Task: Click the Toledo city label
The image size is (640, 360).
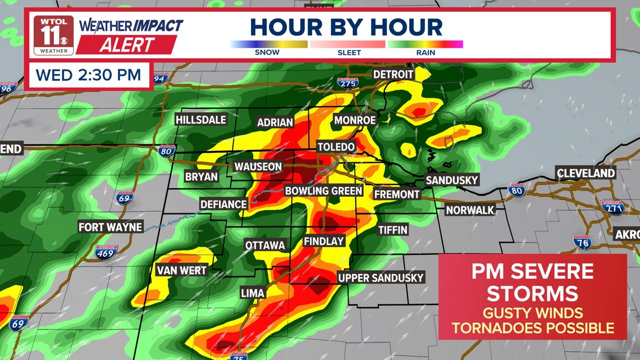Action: click(x=336, y=147)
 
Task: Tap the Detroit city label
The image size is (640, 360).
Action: click(x=393, y=75)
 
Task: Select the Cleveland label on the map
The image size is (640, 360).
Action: click(x=586, y=173)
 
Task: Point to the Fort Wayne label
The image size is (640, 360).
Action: click(x=111, y=227)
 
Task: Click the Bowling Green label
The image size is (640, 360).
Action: click(x=324, y=191)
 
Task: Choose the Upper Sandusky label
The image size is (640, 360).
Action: click(x=381, y=278)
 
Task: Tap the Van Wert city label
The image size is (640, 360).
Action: click(x=181, y=271)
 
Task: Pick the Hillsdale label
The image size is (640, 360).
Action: click(x=201, y=120)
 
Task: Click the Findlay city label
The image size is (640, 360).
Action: click(x=323, y=241)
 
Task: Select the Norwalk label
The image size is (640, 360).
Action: click(x=470, y=211)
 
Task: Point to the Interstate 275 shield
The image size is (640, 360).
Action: click(x=348, y=83)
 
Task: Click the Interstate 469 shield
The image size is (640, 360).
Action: click(x=106, y=252)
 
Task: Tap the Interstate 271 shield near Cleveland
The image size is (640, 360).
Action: click(x=612, y=208)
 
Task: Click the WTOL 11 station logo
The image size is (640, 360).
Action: click(x=53, y=35)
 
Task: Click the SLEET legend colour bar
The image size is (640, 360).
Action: click(x=348, y=44)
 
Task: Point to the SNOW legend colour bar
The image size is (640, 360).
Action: click(x=268, y=44)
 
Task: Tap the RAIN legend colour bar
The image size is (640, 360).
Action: click(x=425, y=44)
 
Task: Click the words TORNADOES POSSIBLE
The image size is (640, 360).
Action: click(x=533, y=328)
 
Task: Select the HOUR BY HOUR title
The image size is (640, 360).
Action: click(x=346, y=27)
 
